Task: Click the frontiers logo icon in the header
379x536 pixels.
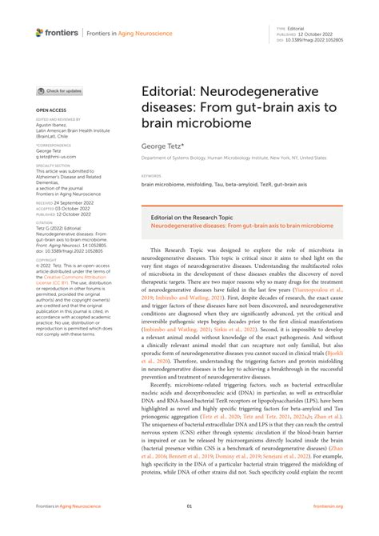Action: [x=40, y=32]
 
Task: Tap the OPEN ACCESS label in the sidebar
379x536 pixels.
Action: [x=51, y=109]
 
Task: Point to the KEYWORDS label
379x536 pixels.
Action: [x=152, y=176]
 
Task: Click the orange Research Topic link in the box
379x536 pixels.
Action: [x=241, y=226]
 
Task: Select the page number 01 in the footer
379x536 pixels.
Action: [x=189, y=506]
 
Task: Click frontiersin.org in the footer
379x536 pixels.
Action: [x=328, y=506]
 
